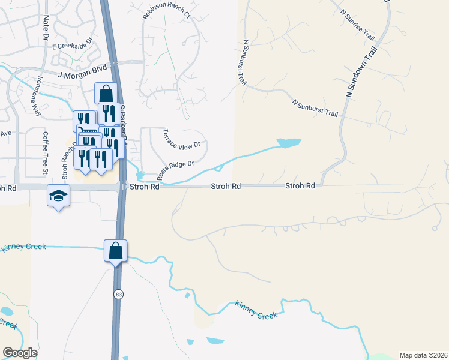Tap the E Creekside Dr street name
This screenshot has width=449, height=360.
point(72,43)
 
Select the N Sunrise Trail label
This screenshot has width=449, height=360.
point(357,21)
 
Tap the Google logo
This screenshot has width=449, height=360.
point(20,353)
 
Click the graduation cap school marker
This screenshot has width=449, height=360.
point(59,196)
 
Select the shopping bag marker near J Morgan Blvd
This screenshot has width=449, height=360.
point(106,94)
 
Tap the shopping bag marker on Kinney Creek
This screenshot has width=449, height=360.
point(115,250)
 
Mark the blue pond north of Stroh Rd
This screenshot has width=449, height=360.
point(288,143)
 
